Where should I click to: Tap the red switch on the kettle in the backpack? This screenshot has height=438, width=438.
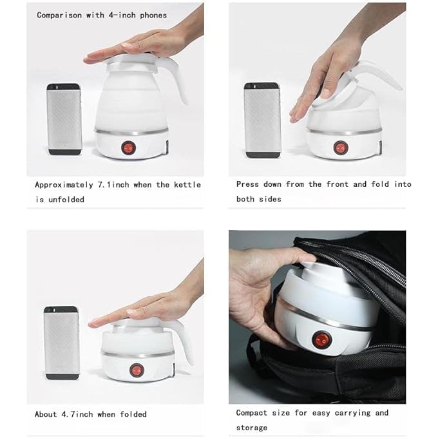[320, 339]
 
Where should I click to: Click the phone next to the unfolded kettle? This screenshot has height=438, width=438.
[64, 119]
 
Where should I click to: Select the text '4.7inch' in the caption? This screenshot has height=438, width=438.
[79, 414]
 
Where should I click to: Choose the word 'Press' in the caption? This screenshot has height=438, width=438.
[248, 184]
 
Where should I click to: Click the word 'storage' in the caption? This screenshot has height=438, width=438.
[252, 428]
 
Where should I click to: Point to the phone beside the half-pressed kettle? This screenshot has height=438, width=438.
[262, 120]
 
